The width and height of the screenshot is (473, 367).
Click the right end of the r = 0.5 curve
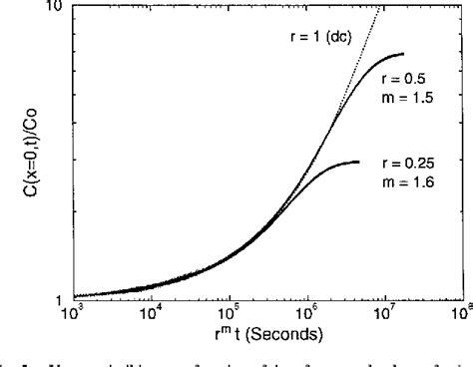point(403,54)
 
